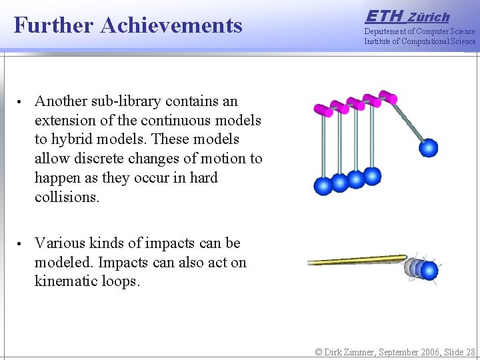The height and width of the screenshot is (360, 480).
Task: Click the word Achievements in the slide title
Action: [x=171, y=25]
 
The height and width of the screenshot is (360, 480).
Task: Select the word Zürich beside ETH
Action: [x=429, y=17]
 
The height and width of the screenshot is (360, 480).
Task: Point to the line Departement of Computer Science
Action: [x=419, y=31]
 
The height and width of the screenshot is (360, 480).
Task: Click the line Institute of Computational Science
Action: [x=419, y=41]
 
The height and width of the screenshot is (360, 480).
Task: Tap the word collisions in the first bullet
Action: [x=66, y=198]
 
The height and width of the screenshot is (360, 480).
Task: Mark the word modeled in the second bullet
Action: [x=63, y=263]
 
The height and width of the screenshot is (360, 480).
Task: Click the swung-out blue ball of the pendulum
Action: [x=429, y=147]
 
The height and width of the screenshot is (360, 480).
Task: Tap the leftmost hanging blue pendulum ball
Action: [x=323, y=186]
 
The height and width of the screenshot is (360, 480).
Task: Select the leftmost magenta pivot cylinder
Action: [x=323, y=109]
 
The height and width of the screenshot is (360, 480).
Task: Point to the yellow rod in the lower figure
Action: [x=357, y=260]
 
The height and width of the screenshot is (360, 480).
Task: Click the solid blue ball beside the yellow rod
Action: [x=429, y=270]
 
